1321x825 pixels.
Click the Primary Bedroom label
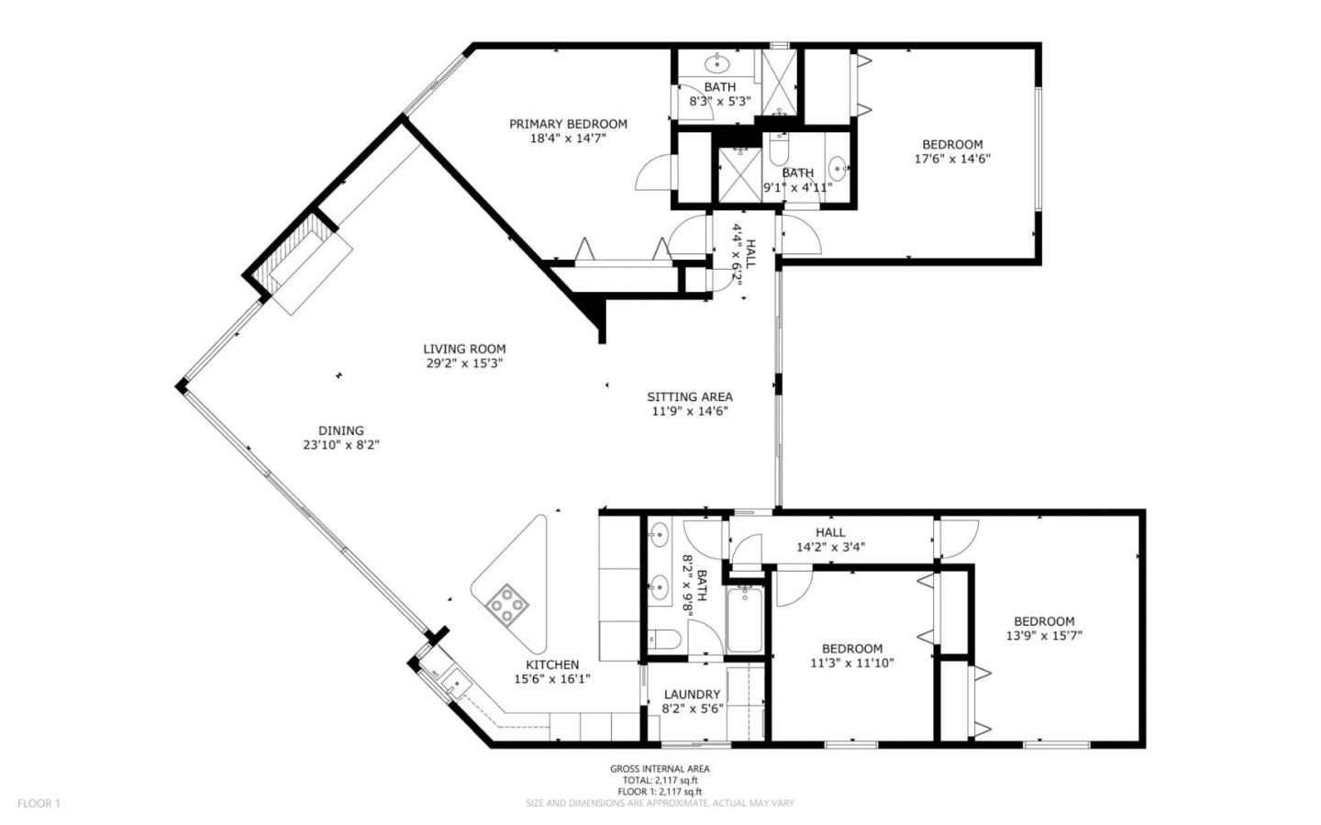click(568, 124)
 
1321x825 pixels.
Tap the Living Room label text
click(464, 349)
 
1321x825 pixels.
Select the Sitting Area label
click(690, 397)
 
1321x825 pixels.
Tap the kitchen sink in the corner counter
click(453, 684)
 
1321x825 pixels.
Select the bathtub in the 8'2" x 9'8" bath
click(744, 620)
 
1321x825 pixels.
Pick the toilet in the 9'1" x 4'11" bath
click(779, 149)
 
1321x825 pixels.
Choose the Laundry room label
click(692, 695)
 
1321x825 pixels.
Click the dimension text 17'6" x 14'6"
click(952, 158)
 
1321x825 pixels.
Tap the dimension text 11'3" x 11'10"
click(852, 663)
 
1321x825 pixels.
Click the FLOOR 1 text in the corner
click(39, 803)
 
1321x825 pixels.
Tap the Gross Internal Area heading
click(660, 769)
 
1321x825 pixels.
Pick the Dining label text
click(341, 430)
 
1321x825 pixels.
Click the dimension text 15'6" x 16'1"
click(551, 679)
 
